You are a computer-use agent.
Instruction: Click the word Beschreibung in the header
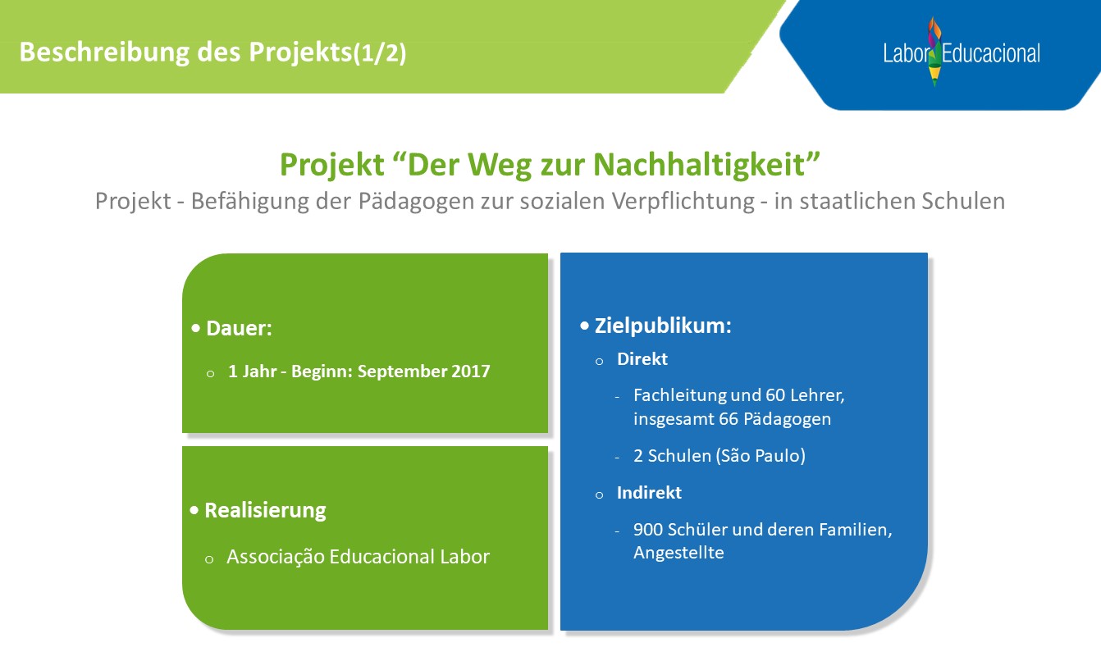point(104,52)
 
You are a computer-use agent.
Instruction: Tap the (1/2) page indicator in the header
point(380,52)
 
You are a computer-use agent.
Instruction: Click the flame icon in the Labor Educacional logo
point(934,52)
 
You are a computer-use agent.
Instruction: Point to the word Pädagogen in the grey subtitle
point(416,201)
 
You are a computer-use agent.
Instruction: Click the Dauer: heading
point(239,328)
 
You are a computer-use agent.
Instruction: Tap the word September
point(401,371)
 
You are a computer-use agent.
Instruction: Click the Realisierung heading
point(265,510)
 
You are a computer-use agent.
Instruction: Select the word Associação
point(276,557)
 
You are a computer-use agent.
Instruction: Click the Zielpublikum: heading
point(663,326)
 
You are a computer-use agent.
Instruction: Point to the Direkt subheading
point(642,359)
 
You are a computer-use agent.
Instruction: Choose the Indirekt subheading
point(649,493)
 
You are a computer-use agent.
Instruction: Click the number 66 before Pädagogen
point(729,419)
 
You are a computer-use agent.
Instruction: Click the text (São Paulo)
point(761,456)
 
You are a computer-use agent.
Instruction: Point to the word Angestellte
point(678,553)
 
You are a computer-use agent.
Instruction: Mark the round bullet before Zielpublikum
point(584,326)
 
